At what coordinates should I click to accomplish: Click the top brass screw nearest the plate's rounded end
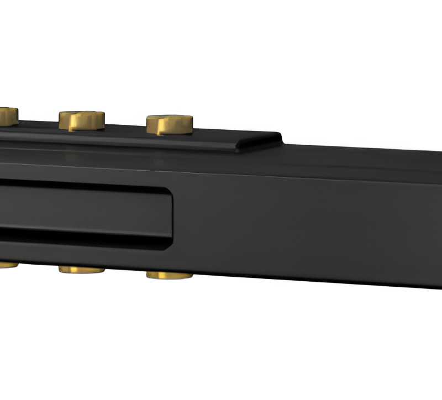[169, 124]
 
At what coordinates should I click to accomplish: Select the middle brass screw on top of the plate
[82, 120]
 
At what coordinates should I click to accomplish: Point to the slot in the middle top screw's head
[82, 117]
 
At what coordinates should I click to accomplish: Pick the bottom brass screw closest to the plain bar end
[169, 275]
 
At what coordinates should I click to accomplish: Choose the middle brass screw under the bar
[81, 270]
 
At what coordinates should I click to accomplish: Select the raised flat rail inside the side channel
[83, 210]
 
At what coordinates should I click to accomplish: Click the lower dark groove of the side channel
[83, 237]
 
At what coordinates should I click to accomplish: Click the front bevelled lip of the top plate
[138, 145]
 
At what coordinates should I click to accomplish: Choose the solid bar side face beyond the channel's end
[309, 227]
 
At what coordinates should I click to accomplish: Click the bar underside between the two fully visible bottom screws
[125, 269]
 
